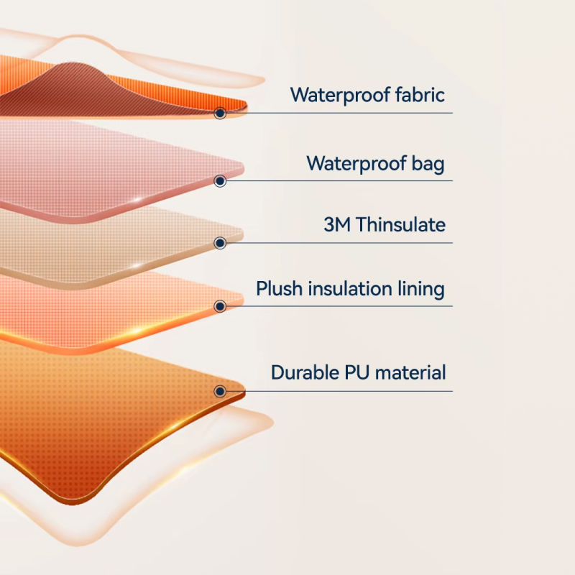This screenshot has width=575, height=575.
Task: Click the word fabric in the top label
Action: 420,95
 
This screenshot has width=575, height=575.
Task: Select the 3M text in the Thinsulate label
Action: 337,224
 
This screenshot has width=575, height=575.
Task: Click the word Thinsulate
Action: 400,224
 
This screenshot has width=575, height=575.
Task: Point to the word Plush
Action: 279,288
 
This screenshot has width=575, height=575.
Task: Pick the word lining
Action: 421,289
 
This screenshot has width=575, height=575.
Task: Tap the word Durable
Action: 305,372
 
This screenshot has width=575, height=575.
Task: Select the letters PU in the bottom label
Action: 356,372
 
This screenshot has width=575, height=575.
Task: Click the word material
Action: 410,372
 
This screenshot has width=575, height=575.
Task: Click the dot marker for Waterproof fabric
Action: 220,114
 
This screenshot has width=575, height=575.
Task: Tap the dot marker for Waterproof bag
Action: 220,181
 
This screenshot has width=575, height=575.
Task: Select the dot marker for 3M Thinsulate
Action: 220,243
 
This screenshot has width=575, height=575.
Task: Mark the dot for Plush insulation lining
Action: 220,306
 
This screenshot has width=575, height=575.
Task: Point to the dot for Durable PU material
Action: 220,391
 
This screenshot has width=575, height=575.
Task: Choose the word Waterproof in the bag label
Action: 356,164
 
